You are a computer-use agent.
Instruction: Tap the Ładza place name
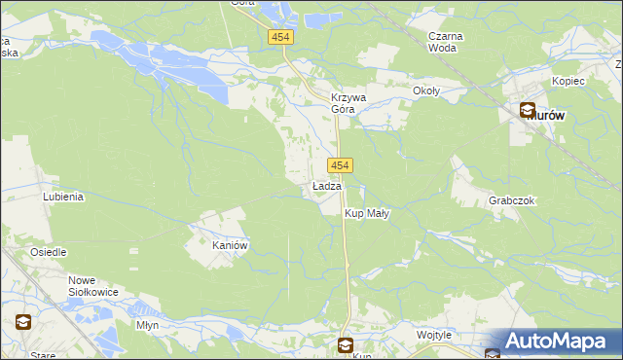pos(326,186)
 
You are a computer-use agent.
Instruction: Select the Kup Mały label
pos(366,213)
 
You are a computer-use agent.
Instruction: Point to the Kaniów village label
pos(232,246)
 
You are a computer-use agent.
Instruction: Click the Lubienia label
pos(63,196)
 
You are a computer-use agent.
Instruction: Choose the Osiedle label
pos(48,252)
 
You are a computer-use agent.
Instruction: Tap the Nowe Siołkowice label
pos(94,286)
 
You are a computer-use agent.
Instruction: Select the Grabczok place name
pos(512,200)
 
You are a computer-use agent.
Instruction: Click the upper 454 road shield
pos(280,37)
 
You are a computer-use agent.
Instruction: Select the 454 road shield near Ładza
pos(340,165)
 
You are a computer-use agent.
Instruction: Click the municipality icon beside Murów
pos(527,112)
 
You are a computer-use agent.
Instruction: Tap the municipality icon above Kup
pos(346,343)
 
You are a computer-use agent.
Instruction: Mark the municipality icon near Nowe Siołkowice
pos(21,321)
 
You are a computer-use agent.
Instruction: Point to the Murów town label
pos(551,114)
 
